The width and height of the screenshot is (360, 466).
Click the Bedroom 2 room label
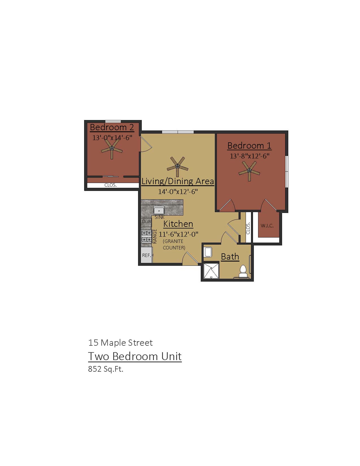pyautogui.click(x=112, y=127)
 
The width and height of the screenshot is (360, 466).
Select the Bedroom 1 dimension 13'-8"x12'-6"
pyautogui.click(x=250, y=156)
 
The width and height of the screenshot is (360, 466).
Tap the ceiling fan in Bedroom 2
pyautogui.click(x=112, y=149)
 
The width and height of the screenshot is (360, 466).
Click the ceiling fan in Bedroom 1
pyautogui.click(x=249, y=171)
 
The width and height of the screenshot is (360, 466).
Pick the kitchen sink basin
pyautogui.click(x=159, y=210)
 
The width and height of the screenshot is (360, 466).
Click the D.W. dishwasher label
pyautogui.click(x=147, y=221)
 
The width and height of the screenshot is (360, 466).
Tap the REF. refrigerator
pyautogui.click(x=147, y=255)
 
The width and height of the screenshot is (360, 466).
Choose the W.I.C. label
pyautogui.click(x=267, y=226)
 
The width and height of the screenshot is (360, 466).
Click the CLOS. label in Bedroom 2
pyautogui.click(x=110, y=186)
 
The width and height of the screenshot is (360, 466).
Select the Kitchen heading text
pyautogui.click(x=178, y=224)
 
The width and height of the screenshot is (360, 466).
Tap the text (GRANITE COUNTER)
pyautogui.click(x=174, y=245)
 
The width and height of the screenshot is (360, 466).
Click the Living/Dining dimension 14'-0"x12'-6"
pyautogui.click(x=178, y=191)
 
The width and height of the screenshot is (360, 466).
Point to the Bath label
pyautogui.click(x=230, y=256)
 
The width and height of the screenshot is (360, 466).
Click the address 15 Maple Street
pyautogui.click(x=120, y=343)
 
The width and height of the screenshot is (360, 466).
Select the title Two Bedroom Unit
pyautogui.click(x=135, y=356)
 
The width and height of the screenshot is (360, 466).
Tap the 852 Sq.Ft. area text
pyautogui.click(x=106, y=369)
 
